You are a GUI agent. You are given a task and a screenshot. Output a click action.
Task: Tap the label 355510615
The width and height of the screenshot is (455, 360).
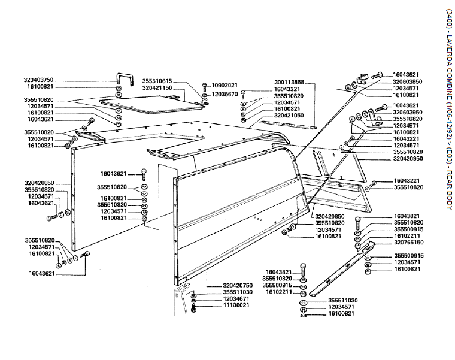157,81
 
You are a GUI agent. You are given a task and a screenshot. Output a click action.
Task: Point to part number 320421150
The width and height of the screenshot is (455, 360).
157,87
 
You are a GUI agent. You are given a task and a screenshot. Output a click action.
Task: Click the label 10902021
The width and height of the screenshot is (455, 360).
225,85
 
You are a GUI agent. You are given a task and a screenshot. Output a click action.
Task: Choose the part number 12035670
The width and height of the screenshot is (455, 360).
225,94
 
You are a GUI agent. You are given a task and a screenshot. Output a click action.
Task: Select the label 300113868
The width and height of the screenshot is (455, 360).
289,81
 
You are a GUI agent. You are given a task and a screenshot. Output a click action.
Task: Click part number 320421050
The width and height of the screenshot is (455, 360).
289,115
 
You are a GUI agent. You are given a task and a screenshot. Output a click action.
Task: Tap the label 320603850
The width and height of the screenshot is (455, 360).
408,81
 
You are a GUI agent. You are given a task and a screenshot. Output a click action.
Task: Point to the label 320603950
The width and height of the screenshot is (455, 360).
408,112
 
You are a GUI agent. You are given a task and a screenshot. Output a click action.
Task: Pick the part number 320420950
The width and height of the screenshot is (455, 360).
408,159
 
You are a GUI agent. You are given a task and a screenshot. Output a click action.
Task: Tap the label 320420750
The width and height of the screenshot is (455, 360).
221,285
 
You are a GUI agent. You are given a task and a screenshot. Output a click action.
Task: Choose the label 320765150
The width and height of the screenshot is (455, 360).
408,243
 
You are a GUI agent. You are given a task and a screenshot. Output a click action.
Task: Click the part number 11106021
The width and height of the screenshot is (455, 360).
221,305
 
